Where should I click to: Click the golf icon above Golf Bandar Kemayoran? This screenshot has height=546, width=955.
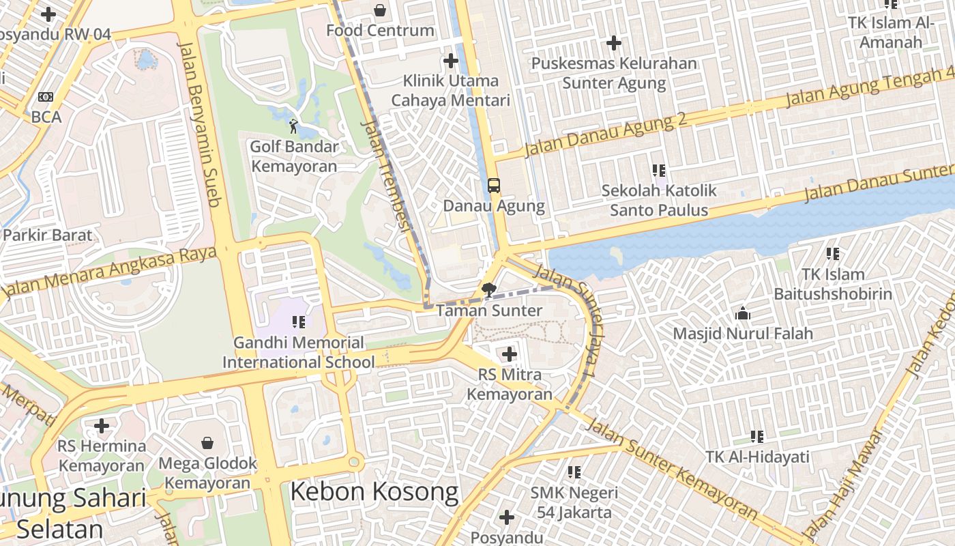click(x=293, y=126)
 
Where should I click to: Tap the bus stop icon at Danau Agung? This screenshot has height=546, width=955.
click(x=493, y=186)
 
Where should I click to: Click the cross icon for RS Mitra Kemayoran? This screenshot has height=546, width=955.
click(x=509, y=354)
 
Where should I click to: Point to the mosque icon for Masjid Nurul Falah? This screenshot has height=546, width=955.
click(x=743, y=314)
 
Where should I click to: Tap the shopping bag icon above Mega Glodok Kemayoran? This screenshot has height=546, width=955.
click(x=207, y=444)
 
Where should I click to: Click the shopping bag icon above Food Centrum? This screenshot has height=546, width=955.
click(x=380, y=10)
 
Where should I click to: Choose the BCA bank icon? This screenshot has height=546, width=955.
click(x=46, y=97)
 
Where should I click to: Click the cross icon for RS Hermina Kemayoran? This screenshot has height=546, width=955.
click(x=102, y=426)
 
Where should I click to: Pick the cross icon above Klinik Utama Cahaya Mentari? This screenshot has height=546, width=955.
click(x=450, y=61)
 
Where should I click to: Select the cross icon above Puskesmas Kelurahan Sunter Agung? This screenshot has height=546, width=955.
click(x=614, y=44)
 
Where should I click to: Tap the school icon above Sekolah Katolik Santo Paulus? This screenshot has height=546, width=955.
click(x=658, y=171)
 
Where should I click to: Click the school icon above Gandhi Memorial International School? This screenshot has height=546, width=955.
click(x=298, y=322)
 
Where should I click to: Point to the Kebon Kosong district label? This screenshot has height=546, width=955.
click(x=374, y=491)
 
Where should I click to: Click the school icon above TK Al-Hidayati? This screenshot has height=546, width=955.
click(x=756, y=436)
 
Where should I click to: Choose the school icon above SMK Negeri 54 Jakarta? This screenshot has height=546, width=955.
click(x=574, y=472)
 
